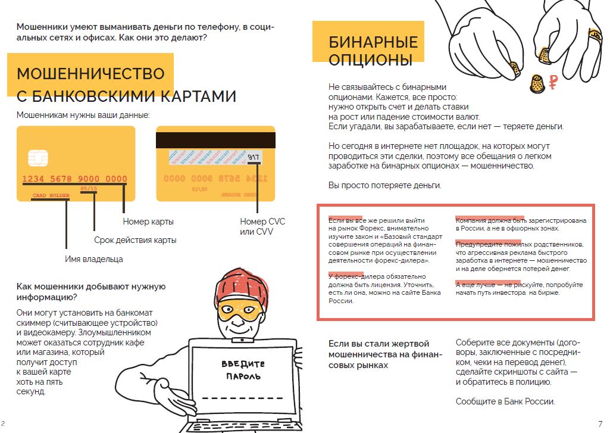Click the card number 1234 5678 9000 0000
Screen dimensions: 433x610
75,179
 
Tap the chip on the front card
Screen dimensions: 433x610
37,158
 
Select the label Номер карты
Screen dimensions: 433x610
148,222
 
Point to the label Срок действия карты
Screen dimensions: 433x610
135,240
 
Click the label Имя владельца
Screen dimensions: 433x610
94,259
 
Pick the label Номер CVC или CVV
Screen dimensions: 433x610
262,226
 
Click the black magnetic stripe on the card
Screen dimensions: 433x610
215,140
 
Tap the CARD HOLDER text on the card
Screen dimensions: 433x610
51,195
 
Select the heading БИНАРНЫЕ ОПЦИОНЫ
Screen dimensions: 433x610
373,51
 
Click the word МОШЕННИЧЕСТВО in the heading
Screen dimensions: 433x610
90,74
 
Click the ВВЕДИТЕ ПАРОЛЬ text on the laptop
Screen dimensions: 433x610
243,370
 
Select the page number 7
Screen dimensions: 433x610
600,423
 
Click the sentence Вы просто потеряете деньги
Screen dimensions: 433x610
385,185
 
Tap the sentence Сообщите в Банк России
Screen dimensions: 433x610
505,401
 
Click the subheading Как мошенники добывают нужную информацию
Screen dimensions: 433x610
90,292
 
